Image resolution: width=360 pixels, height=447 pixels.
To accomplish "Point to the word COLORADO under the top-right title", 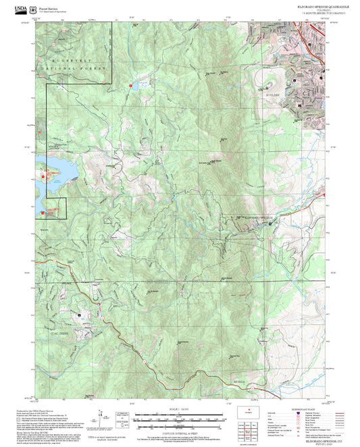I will point(325,9).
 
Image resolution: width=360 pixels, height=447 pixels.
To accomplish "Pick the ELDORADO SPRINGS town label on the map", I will point(257,217).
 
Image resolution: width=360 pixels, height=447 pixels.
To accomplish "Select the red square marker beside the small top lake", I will point(130,86).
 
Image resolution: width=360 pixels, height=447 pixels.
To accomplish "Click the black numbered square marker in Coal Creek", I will point(80,315).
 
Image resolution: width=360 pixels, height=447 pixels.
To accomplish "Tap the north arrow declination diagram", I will point(103,415).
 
